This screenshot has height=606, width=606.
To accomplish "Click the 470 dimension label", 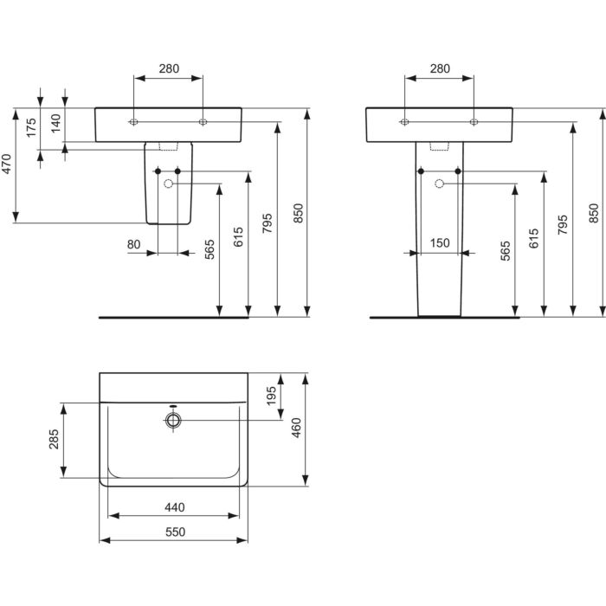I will click(6, 165).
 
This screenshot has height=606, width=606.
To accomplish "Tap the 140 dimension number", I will click(55, 124).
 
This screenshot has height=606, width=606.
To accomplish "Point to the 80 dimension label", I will click(133, 245).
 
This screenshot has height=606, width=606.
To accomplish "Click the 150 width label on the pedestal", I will click(441, 243).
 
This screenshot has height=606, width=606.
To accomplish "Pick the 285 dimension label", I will click(53, 440).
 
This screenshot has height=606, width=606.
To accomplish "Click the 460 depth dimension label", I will click(296, 429).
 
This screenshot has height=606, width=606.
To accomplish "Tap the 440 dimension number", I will click(173, 507).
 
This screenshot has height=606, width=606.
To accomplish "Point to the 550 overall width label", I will click(173, 532).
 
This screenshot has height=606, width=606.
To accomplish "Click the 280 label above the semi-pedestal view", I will click(169, 68).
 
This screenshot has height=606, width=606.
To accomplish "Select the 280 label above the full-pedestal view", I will click(440, 68).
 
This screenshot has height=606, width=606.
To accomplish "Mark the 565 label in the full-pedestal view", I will click(505, 250).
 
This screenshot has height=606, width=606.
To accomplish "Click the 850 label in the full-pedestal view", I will click(593, 213).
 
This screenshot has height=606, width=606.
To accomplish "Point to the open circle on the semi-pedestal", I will click(169, 184).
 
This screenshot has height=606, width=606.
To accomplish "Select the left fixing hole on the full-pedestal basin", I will click(404, 122).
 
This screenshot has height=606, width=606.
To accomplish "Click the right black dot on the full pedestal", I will click(458, 171).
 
